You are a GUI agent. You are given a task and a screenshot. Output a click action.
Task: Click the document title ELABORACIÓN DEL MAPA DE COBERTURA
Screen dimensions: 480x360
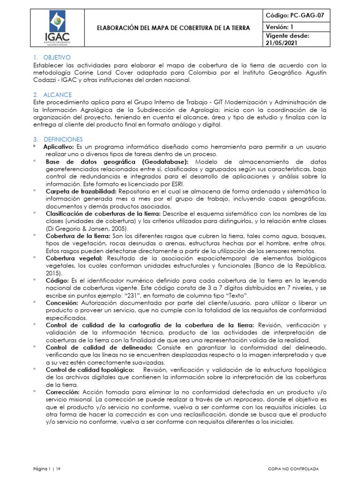[x=173, y=28]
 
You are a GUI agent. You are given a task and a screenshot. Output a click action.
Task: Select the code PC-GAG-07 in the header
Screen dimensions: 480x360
[x=295, y=15]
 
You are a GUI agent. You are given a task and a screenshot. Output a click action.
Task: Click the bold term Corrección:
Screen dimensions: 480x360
[x=63, y=392]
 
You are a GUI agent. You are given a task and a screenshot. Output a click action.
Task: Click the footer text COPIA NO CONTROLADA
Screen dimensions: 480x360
[x=293, y=468]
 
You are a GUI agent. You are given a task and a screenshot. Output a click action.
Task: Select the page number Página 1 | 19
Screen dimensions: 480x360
[x=47, y=468]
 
